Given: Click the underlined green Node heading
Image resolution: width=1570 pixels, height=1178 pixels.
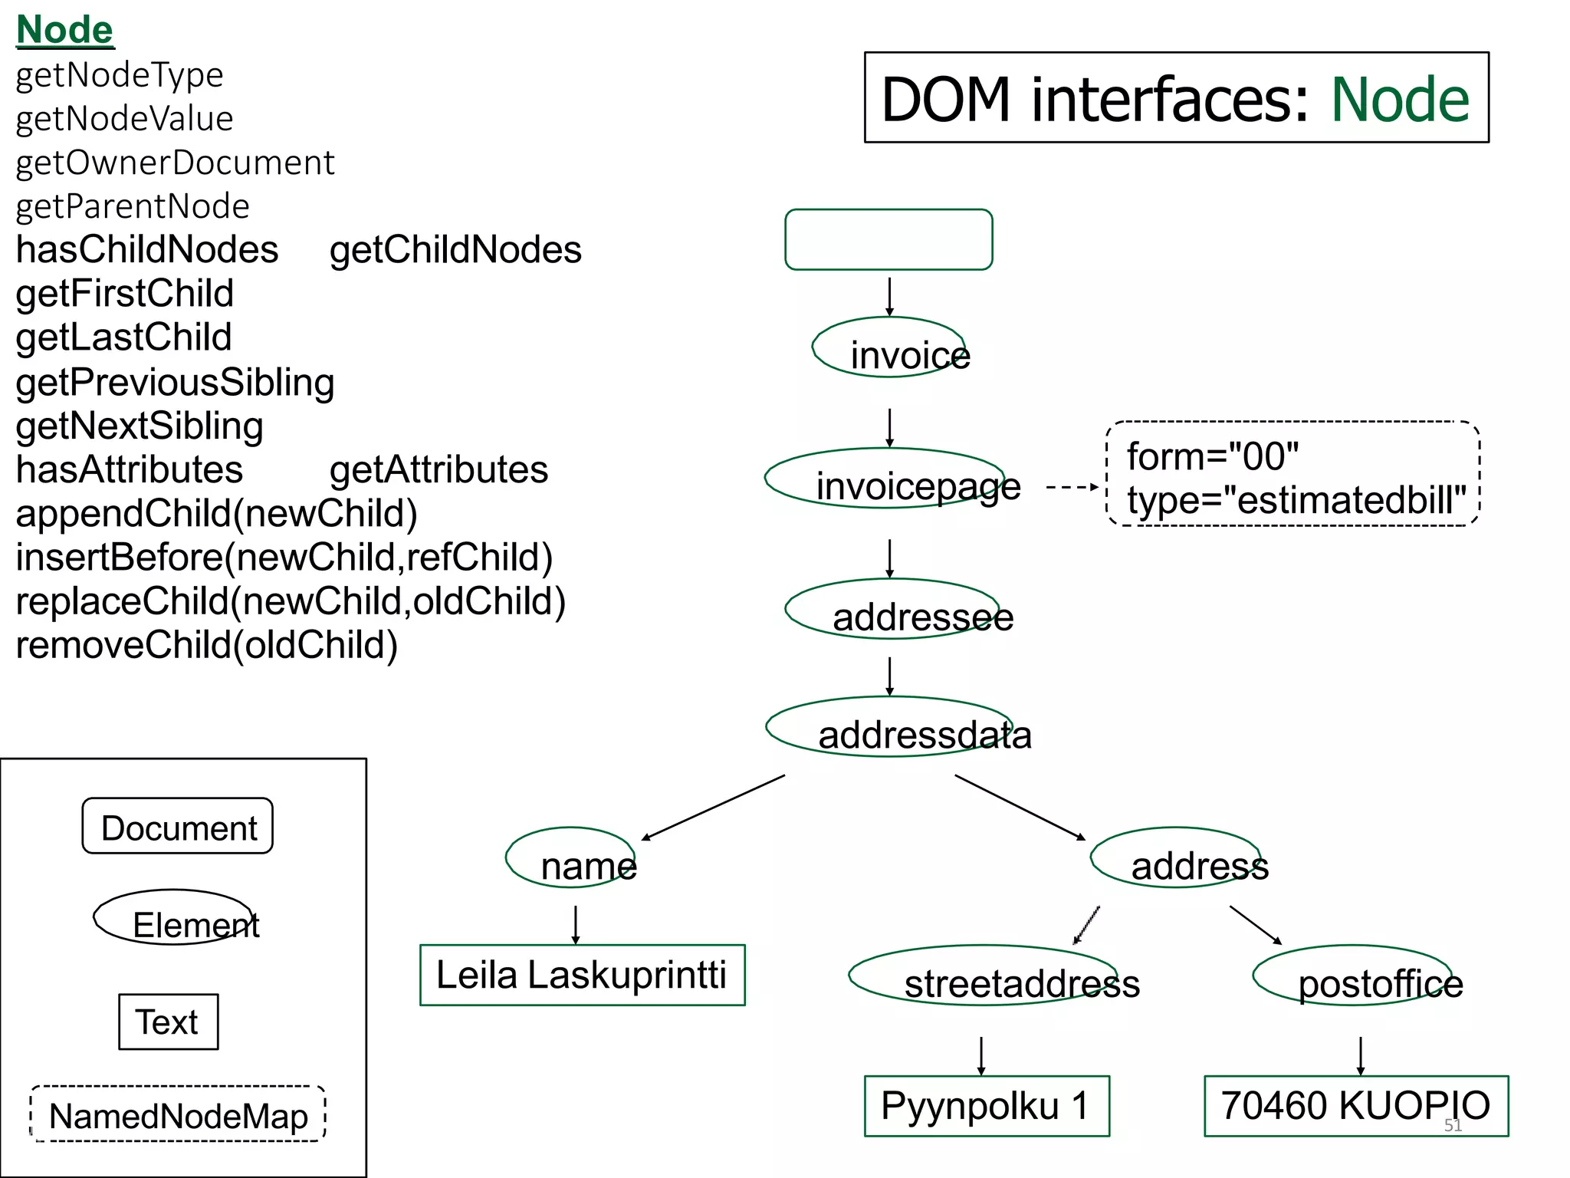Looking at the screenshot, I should [x=64, y=31].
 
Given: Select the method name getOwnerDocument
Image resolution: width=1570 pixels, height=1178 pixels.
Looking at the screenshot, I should [x=175, y=163].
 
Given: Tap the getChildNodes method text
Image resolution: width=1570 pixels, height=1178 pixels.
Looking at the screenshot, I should [x=455, y=250].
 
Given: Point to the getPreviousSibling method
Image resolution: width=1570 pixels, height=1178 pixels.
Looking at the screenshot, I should [x=175, y=382].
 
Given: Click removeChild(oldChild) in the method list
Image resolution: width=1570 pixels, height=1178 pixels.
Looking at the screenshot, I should [x=206, y=645].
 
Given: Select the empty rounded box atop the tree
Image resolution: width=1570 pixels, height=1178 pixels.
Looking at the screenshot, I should [x=888, y=239].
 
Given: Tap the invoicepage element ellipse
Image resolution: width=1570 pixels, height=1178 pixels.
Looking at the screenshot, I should [x=889, y=480].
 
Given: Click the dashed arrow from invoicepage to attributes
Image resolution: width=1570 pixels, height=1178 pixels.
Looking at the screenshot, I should [x=1072, y=487].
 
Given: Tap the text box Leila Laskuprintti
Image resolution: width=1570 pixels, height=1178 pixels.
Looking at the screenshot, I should [x=582, y=976].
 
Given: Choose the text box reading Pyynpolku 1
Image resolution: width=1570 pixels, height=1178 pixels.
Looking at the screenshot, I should [x=986, y=1106].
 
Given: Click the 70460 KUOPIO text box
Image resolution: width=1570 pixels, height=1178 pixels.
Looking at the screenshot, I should [x=1355, y=1106].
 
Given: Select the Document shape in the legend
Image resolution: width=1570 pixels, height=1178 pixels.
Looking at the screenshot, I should [x=178, y=827].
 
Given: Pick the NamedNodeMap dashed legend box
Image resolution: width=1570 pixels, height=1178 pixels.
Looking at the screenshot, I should [x=178, y=1115].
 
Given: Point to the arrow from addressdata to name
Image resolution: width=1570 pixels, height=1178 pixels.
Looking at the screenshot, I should [x=713, y=808].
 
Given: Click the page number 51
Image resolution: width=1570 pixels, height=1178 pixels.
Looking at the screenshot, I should [x=1453, y=1125].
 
